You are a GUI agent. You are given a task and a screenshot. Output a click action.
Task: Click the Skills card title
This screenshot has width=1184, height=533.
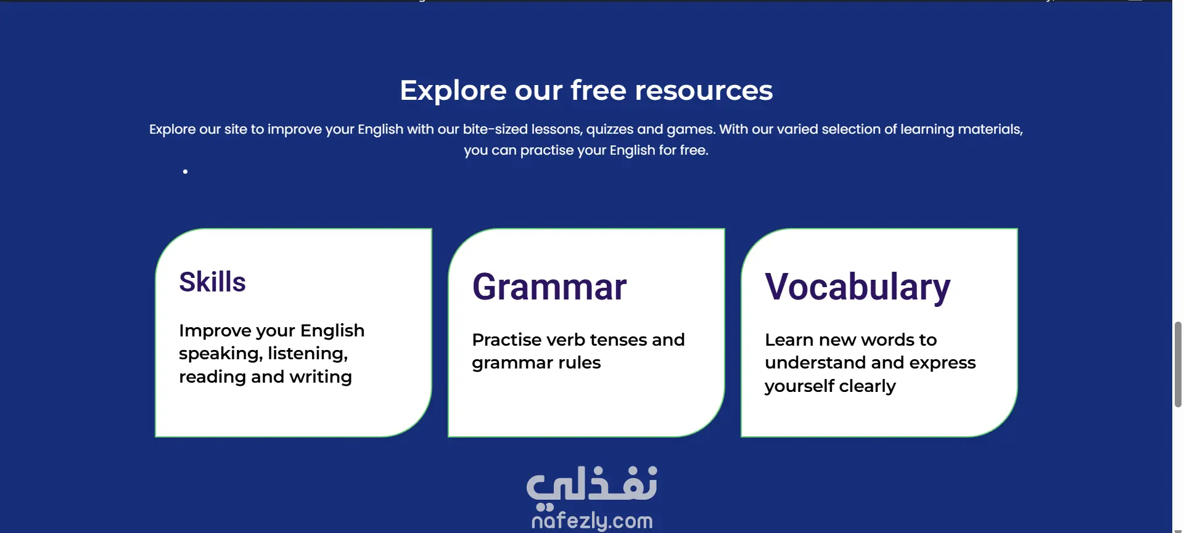(x=212, y=282)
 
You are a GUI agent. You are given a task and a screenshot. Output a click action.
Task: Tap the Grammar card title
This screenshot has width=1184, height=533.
(x=549, y=287)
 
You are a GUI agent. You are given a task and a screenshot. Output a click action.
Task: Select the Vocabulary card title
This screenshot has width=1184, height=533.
(x=858, y=288)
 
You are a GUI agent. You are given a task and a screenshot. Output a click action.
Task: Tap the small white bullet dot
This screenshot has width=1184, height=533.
(x=185, y=171)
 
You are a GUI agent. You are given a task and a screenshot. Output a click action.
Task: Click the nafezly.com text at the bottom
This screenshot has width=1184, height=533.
(x=592, y=521)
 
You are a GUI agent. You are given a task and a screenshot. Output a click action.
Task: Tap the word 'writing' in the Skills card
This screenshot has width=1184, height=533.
(x=321, y=376)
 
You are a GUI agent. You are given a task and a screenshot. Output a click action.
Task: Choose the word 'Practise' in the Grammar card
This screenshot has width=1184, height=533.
(x=507, y=340)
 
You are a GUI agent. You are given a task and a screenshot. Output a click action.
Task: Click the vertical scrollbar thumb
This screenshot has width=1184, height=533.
(x=1178, y=364)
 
